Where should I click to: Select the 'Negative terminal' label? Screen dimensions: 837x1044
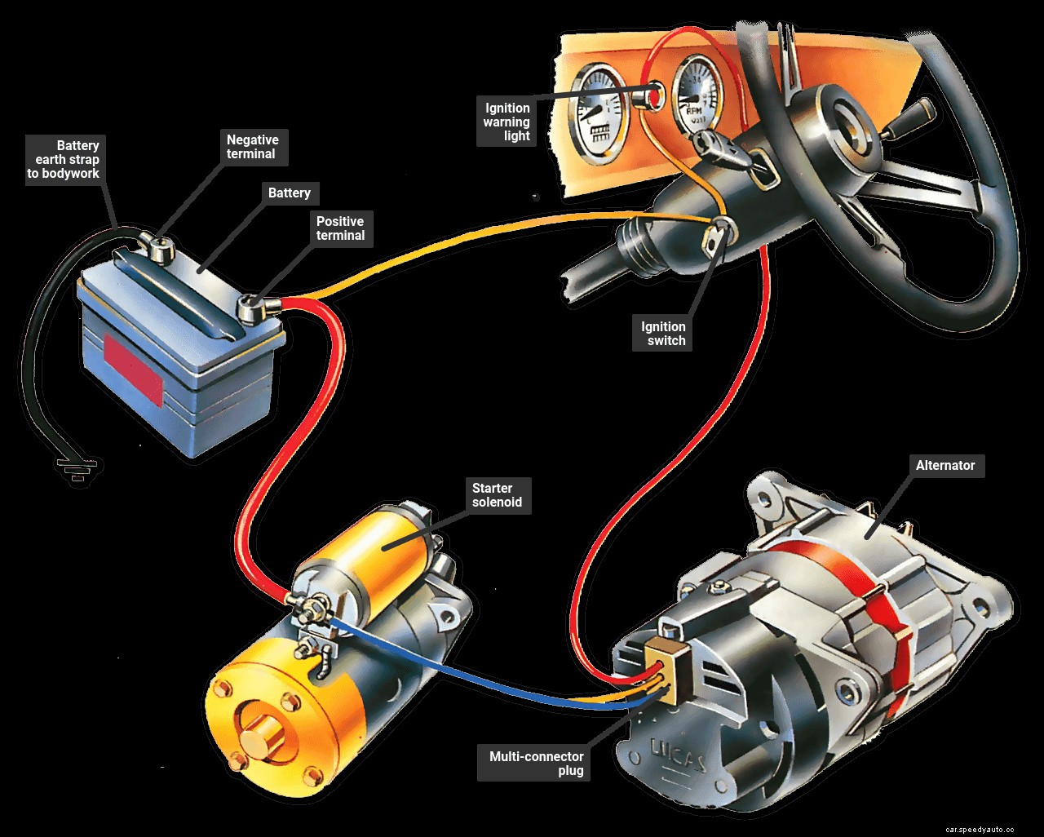click(x=251, y=147)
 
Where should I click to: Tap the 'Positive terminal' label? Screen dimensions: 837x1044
click(x=340, y=228)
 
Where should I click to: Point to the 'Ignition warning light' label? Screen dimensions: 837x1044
click(x=507, y=122)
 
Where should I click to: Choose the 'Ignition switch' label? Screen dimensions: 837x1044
click(x=663, y=334)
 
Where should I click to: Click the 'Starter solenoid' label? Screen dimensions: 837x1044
click(x=497, y=495)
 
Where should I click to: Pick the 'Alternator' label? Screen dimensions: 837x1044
click(x=944, y=466)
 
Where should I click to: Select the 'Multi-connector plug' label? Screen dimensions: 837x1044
click(x=536, y=764)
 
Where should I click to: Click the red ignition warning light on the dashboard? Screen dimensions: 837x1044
click(x=651, y=96)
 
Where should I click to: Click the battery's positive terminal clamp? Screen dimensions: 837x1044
click(x=254, y=308)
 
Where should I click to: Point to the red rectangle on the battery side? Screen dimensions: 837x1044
click(x=131, y=367)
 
